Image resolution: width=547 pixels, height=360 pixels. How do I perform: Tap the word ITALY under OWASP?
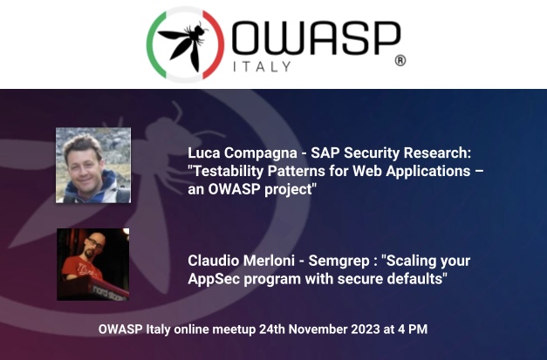[x=266, y=65]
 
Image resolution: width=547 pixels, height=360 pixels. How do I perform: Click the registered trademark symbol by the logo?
[x=400, y=61]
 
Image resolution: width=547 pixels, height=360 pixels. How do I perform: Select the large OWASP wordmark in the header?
[x=316, y=39]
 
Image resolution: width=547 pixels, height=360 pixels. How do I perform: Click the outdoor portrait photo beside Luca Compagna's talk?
[x=92, y=165]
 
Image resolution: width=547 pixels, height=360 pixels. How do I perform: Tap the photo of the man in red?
[x=92, y=264]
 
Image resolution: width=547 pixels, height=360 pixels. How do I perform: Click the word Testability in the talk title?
[x=229, y=172]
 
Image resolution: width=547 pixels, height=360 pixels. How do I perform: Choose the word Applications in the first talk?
[x=423, y=172]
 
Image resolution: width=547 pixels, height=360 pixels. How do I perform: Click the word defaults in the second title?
[x=414, y=279]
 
